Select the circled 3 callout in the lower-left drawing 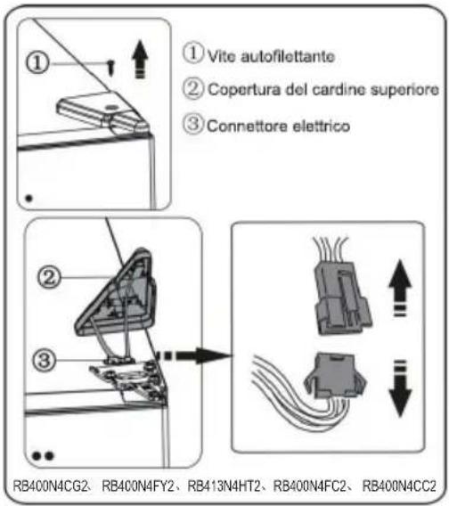click(x=53, y=361)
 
